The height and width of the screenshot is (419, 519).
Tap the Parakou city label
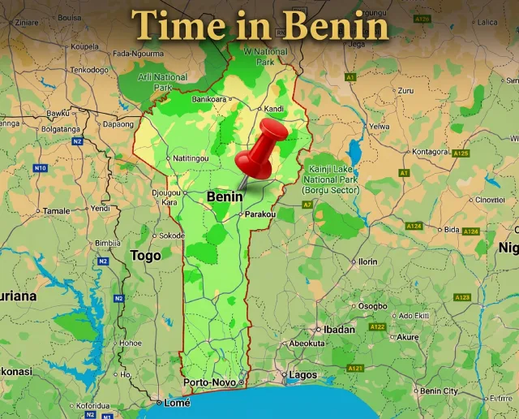(260, 214)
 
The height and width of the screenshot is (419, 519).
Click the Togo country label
(145, 255)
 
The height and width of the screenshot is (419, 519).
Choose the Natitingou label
(190, 158)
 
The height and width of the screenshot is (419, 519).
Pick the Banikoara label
(210, 99)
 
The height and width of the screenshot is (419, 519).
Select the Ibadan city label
(339, 329)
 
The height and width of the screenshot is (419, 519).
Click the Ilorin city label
(368, 261)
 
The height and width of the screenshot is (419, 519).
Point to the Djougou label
(166, 192)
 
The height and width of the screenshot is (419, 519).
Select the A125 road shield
(461, 153)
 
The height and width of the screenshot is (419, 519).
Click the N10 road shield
(40, 168)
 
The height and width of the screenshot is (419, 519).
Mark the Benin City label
(439, 391)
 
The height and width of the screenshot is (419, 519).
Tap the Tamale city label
(57, 210)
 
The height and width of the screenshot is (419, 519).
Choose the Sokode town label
(171, 235)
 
